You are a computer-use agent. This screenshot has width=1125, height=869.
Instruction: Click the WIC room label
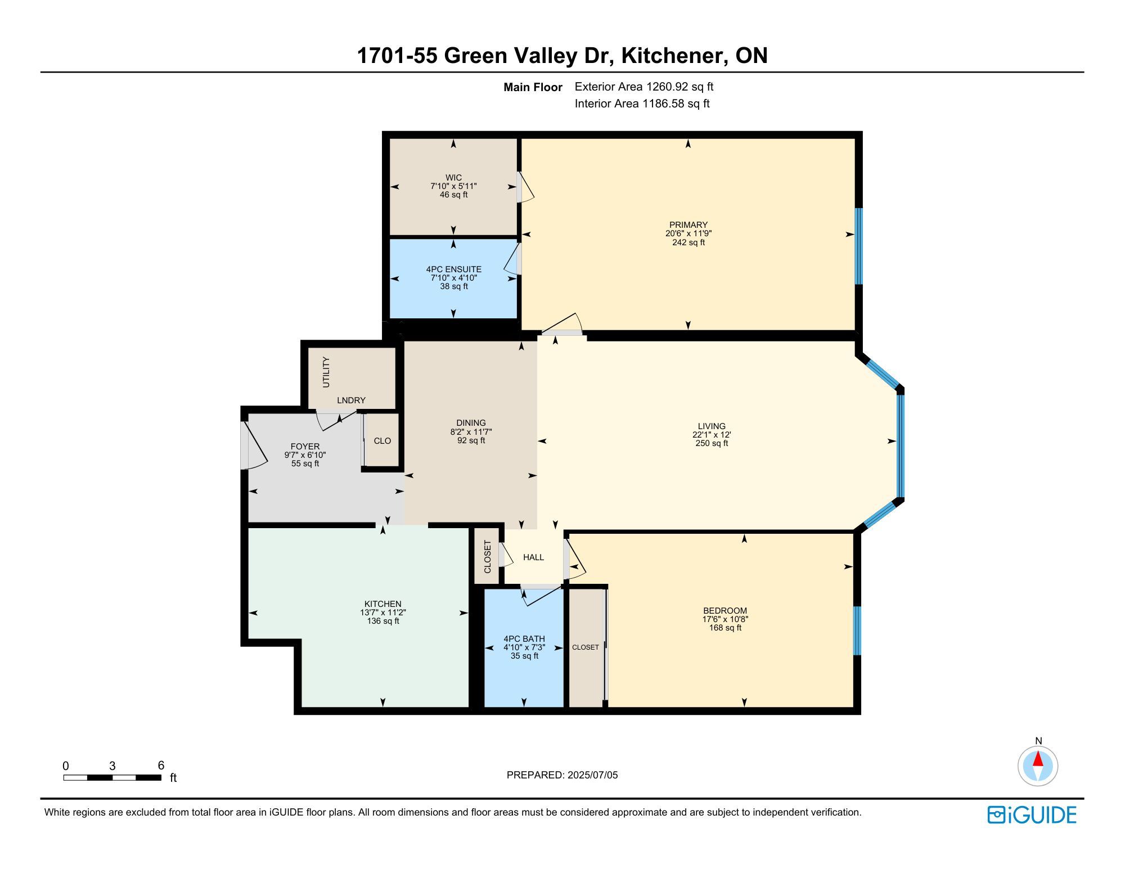tap(453, 178)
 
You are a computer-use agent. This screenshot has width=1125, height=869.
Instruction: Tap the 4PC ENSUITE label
tap(454, 269)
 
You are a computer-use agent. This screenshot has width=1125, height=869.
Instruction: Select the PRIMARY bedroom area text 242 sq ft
tap(688, 242)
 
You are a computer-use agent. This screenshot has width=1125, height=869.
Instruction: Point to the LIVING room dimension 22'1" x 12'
tap(712, 435)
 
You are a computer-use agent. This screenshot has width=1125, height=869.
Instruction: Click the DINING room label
tap(471, 423)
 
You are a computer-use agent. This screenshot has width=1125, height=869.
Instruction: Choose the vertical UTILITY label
tap(326, 372)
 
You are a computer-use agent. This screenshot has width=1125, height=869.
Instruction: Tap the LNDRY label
tap(352, 400)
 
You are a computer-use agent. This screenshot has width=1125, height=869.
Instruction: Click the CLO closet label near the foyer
tap(382, 441)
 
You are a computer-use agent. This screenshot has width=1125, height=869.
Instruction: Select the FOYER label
tap(305, 447)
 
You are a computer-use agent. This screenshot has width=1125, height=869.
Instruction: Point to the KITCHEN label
tap(383, 604)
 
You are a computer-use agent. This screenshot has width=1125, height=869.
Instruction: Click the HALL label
tap(534, 557)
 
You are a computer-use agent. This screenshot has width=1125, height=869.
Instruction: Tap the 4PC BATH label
tap(524, 639)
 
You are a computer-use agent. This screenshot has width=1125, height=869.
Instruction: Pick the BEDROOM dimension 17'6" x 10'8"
tap(726, 619)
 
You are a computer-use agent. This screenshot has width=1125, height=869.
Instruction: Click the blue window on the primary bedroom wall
tap(858, 246)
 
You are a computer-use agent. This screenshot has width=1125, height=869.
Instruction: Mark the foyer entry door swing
tap(254, 445)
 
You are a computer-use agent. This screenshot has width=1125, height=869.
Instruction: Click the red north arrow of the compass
tap(1038, 759)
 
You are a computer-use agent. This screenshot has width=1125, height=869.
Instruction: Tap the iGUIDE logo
tap(1032, 815)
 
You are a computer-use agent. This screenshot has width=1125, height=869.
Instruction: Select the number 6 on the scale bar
tap(161, 765)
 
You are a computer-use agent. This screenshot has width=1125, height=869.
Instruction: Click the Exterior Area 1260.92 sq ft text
tap(644, 87)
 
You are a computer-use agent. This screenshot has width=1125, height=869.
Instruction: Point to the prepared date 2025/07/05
tap(593, 775)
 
